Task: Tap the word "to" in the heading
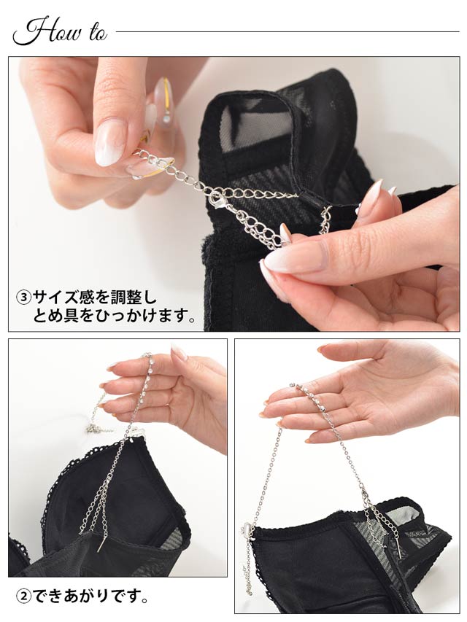[x=98, y=34]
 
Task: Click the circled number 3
[x=23, y=298]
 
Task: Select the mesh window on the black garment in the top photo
[x=254, y=127]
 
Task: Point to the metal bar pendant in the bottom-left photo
[x=100, y=544]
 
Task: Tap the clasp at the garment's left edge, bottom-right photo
[x=245, y=529]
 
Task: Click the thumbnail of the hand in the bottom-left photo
[x=179, y=353]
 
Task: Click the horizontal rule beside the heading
[x=287, y=32]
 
